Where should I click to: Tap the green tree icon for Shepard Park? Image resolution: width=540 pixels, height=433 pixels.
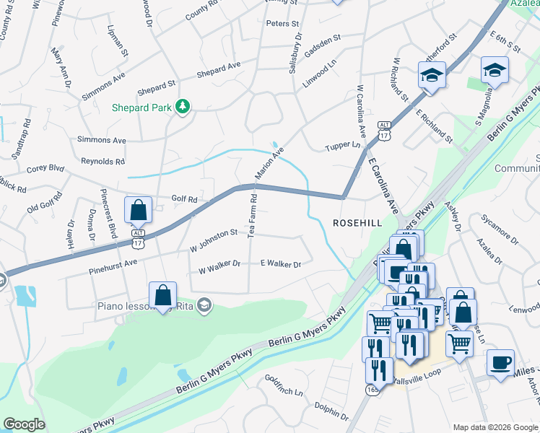tap(183, 107)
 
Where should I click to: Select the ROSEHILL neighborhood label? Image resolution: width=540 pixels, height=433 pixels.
tap(357, 224)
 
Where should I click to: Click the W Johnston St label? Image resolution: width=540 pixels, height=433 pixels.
tap(214, 233)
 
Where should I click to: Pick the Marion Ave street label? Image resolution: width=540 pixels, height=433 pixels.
tap(269, 163)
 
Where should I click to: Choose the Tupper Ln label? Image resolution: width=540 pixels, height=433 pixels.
tap(342, 145)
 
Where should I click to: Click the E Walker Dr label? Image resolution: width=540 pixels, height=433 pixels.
tap(280, 264)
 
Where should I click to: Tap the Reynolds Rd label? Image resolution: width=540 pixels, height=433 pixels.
tap(103, 162)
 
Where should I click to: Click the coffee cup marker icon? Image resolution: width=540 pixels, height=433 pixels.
tap(500, 362)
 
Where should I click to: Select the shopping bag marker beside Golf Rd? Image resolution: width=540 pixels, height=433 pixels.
tap(138, 210)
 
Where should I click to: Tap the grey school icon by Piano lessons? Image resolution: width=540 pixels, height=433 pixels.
tap(204, 304)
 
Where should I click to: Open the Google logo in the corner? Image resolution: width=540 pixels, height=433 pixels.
tap(24, 424)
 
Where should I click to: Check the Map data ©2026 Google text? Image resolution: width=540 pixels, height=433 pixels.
tap(494, 427)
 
